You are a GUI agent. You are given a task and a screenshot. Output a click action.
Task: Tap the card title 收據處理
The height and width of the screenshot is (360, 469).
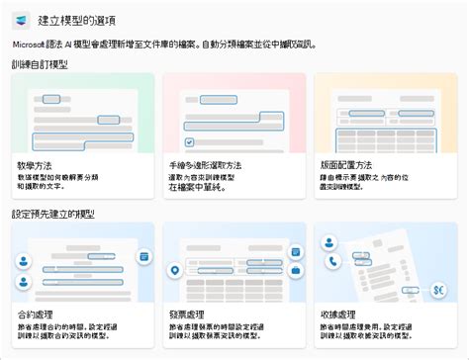click(x=338, y=314)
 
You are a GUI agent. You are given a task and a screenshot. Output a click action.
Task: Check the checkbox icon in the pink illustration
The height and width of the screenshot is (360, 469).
click(x=188, y=115)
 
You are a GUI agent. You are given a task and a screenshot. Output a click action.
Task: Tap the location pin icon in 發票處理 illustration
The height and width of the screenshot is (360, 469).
click(x=175, y=270)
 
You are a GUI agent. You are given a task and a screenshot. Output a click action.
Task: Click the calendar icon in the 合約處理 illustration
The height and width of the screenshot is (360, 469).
click(x=143, y=256)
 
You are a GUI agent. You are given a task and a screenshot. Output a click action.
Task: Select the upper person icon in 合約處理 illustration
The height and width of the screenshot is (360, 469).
click(x=22, y=237)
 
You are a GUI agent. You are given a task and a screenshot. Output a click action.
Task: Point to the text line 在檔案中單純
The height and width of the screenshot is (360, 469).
click(x=198, y=186)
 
